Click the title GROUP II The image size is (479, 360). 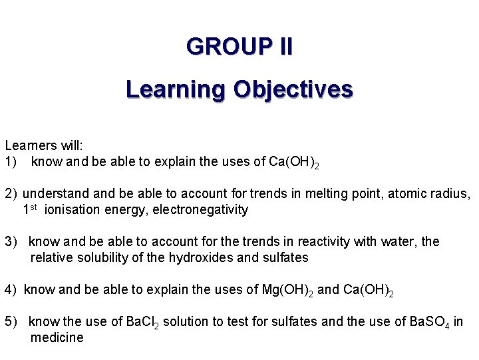[x=239, y=47]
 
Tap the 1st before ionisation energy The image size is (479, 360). [x=30, y=209]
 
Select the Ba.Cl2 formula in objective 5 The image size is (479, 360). [x=143, y=322]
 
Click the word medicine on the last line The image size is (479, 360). [x=57, y=338]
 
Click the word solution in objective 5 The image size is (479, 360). [x=185, y=322]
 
